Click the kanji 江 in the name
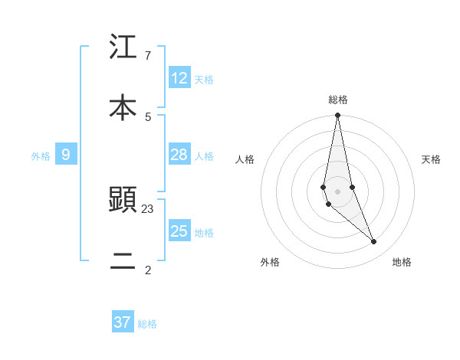pos(123,47)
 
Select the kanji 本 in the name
pos(123,107)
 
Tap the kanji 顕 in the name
pos(123,200)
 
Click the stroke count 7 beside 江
pos(147,56)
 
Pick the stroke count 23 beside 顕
pos(148,208)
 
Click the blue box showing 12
pos(179,78)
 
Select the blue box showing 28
pos(179,155)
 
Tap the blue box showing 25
pos(179,231)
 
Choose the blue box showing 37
pos(123,322)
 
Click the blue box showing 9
pos(66,155)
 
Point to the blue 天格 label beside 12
pos(204,79)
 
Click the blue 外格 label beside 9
pos(41,155)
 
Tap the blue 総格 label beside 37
pos(147,323)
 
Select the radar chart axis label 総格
pos(338,100)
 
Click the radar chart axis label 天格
pos(432,159)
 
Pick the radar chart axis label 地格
pos(402,262)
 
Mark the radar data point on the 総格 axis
pos(337,116)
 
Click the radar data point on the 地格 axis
pos(373,241)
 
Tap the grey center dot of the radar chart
pos(337,191)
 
